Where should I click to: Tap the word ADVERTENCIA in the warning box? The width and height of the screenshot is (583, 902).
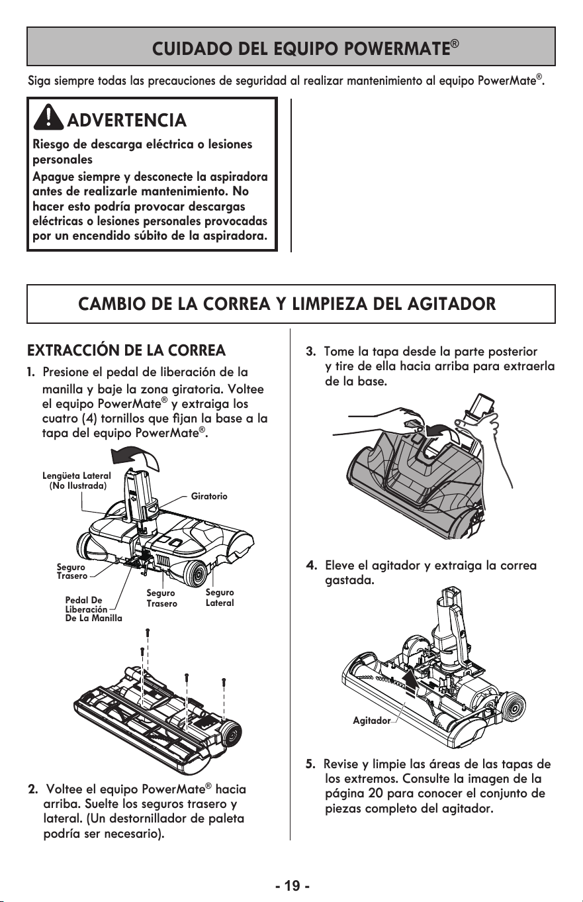pos(127,120)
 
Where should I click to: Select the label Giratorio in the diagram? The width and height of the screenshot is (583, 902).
pos(209,496)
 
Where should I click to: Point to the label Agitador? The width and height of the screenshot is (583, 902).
pos(371,721)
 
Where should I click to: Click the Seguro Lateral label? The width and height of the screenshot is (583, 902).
pos(220,597)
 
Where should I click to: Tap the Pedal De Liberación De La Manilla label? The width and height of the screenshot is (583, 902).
pos(93,609)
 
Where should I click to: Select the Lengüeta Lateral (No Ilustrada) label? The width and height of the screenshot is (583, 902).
pos(77,480)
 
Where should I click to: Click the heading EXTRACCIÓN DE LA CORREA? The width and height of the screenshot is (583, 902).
pos(126,350)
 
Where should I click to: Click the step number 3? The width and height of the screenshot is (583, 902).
pos(310,352)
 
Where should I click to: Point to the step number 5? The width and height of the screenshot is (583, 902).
pos(310,764)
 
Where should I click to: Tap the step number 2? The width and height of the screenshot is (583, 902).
pos(32,789)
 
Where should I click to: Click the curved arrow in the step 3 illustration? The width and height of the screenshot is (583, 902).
pos(443,432)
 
